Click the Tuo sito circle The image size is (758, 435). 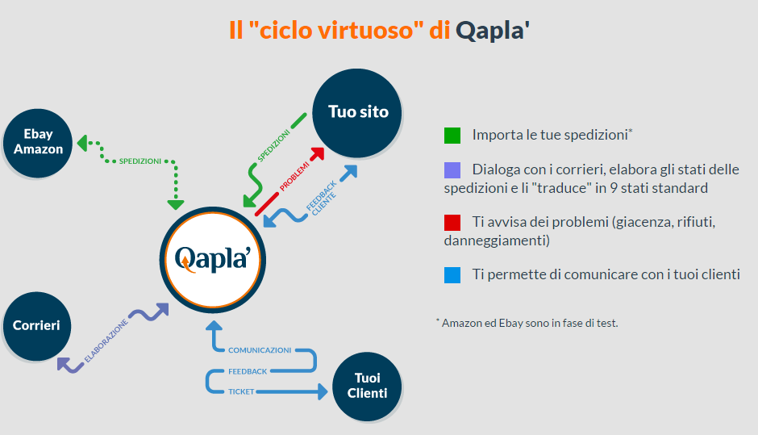[358, 112]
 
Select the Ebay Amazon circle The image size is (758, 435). [38, 142]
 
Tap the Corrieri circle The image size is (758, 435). [36, 326]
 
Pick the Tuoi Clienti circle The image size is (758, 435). [367, 386]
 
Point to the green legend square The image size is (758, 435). [452, 135]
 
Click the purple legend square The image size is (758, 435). [452, 170]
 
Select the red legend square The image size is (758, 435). [452, 222]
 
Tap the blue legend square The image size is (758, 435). [452, 274]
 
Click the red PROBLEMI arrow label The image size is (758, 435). [295, 175]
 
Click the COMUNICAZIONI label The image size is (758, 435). [260, 350]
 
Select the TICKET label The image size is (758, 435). [241, 391]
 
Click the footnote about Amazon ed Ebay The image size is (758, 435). [527, 323]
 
